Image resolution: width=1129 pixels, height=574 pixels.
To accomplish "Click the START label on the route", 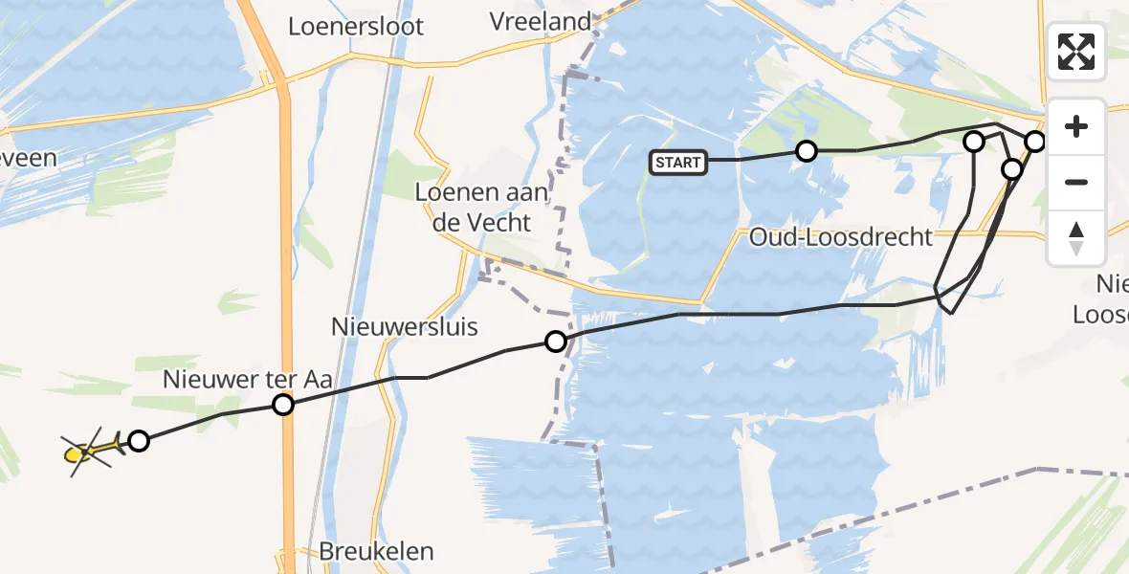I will tap(678, 163).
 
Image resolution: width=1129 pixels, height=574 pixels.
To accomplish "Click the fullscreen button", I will tap(1076, 51).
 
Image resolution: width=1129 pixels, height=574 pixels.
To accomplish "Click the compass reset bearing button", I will tap(1076, 238).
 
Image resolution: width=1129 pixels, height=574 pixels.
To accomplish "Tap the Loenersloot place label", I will tap(356, 26).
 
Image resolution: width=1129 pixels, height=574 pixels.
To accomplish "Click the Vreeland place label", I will tap(540, 21).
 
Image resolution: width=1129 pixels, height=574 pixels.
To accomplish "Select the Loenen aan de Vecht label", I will tap(481, 207).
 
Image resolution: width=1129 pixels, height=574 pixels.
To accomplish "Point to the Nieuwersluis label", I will tap(404, 326).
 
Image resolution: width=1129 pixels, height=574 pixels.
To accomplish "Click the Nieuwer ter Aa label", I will tap(247, 379).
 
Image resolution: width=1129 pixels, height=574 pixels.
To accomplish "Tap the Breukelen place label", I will tap(376, 551).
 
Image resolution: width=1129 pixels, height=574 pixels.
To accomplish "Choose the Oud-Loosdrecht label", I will tap(841, 236).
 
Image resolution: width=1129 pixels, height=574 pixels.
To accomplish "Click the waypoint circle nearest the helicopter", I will tap(139, 441).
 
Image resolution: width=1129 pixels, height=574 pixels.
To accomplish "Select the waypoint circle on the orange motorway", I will tap(283, 405).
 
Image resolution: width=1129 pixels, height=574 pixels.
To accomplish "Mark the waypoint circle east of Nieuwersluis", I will tap(556, 341).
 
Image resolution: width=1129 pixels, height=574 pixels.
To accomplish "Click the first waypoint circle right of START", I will tap(807, 150).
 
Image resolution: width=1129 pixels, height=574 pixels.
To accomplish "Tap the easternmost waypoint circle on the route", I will tap(1035, 142).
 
